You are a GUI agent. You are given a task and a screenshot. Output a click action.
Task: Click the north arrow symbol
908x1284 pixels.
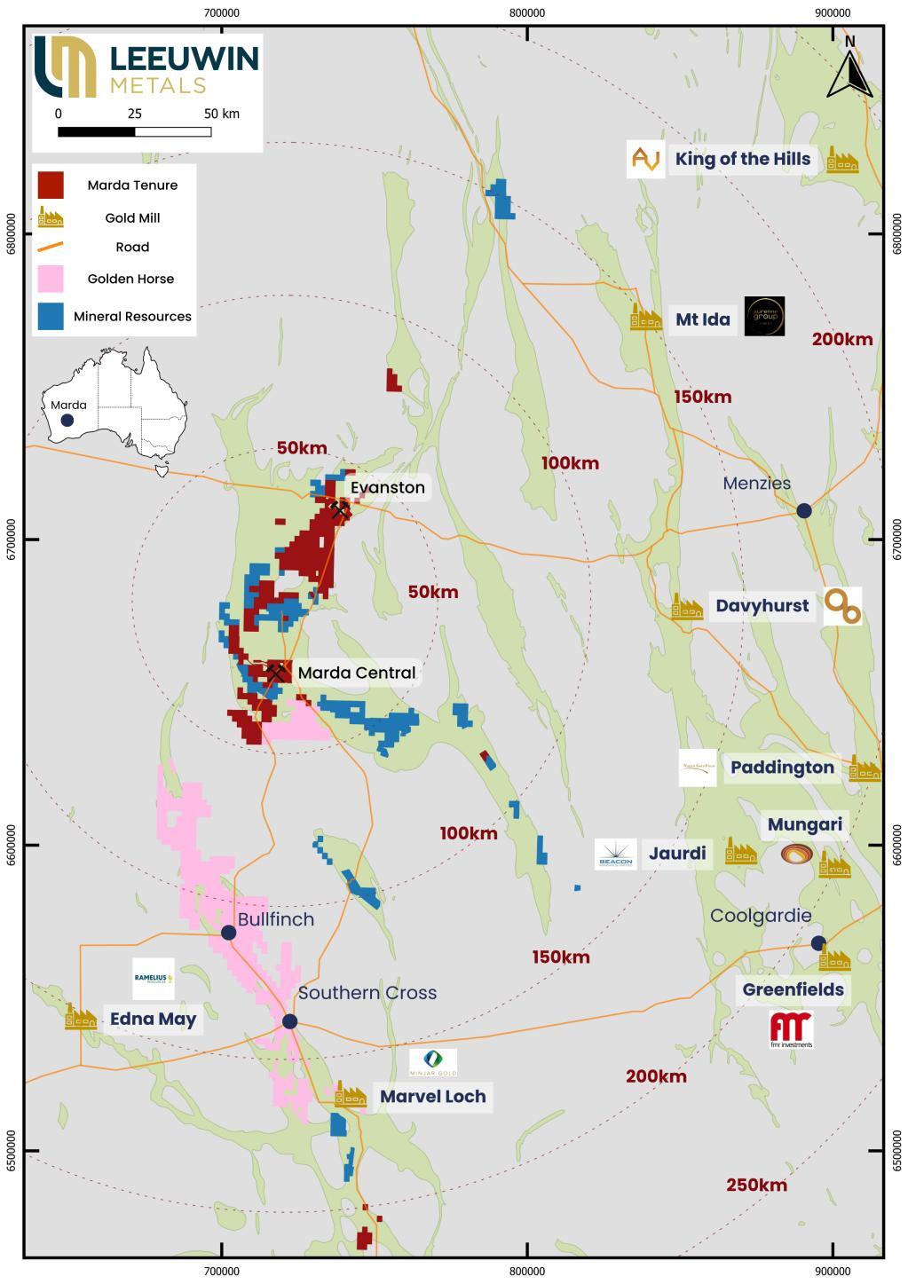849,72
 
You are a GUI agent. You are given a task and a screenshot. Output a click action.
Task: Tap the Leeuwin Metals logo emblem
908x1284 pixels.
65,67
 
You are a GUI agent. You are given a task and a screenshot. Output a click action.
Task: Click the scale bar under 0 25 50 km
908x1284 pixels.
134,132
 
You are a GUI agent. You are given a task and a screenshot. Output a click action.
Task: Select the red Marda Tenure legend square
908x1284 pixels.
51,185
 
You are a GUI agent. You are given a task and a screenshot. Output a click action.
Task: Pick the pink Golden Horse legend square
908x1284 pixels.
51,279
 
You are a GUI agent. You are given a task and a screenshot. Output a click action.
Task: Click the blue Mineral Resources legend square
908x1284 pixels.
51,316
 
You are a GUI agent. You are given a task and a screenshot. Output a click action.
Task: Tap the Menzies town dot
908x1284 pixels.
804,510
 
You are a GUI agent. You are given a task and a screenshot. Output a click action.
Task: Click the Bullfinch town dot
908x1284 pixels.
228,932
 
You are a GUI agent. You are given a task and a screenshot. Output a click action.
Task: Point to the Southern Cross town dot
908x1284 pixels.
289,1021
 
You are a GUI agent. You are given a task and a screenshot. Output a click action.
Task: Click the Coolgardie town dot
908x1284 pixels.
818,942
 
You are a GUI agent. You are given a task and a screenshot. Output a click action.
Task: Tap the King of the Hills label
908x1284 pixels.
742,159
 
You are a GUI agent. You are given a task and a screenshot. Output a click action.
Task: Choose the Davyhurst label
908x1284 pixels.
762,606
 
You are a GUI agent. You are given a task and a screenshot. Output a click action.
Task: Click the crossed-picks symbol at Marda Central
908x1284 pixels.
276,672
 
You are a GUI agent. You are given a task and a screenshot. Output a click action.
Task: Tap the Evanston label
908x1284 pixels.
387,487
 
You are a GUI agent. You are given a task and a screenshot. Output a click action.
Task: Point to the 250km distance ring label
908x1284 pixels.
756,1185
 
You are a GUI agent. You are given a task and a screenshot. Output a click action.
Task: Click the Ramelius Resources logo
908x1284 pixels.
153,979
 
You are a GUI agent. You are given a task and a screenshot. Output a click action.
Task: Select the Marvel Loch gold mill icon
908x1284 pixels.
350,1096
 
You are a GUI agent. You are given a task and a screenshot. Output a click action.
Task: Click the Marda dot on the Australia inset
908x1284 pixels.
67,420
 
